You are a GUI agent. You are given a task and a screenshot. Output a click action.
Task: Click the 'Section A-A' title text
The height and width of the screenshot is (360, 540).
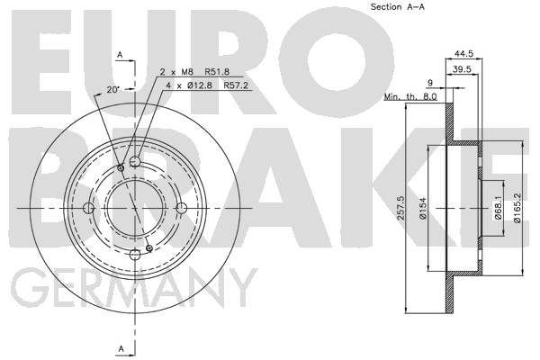pos(398,7)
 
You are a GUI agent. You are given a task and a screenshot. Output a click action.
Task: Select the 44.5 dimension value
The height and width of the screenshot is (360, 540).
pos(463,54)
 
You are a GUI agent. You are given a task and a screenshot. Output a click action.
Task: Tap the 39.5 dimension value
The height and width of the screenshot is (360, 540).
pos(462,69)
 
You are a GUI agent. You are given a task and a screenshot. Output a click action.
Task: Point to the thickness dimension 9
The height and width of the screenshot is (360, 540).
pos(430,83)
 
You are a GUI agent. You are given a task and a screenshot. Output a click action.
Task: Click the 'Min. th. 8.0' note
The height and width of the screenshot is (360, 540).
pos(410,97)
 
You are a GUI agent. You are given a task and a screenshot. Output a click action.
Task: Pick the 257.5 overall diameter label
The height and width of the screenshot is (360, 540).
pos(400,208)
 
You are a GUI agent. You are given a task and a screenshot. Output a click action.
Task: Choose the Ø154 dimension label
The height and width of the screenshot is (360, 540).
pos(423,208)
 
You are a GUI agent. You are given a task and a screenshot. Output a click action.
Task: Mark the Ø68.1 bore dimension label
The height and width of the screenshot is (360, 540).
pos(498,207)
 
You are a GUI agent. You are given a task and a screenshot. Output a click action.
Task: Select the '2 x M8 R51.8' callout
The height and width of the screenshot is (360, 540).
pos(194,72)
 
